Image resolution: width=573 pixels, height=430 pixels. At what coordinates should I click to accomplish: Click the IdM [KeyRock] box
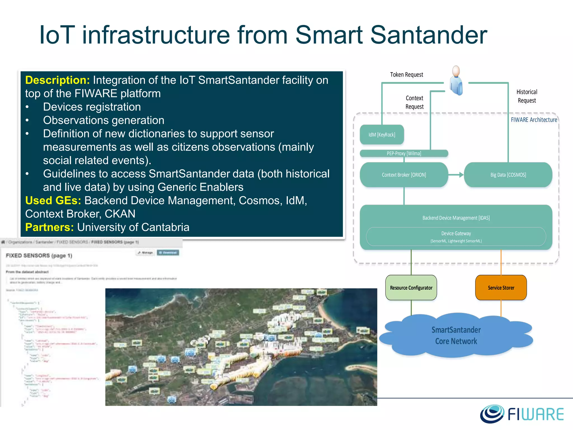(x=382, y=135)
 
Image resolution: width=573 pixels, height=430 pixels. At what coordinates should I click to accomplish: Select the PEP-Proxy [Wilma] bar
(x=404, y=153)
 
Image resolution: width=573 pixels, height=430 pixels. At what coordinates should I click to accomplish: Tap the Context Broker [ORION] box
(x=404, y=175)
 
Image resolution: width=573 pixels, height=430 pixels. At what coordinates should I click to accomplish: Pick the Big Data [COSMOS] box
(x=508, y=175)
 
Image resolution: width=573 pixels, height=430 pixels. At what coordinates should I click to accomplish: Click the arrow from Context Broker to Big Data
(x=456, y=175)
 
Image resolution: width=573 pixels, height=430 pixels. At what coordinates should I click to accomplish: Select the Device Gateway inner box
(x=456, y=237)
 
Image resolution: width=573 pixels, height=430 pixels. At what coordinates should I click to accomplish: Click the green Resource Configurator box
(x=411, y=288)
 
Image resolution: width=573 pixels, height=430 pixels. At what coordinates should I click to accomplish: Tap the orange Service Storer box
(x=501, y=288)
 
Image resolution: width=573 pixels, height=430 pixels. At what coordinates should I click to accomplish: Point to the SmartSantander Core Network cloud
(x=456, y=335)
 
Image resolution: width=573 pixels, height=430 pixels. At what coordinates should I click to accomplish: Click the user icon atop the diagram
(x=456, y=81)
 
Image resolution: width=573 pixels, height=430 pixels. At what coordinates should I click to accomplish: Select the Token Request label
(x=406, y=75)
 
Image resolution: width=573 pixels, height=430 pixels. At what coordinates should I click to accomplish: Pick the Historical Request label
(x=527, y=96)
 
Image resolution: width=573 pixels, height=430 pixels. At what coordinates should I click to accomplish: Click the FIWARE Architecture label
(x=534, y=120)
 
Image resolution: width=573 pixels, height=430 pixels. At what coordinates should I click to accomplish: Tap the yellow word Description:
(x=57, y=80)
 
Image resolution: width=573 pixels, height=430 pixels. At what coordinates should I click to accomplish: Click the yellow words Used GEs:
(x=53, y=200)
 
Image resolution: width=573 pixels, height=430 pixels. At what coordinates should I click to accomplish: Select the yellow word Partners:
(x=50, y=227)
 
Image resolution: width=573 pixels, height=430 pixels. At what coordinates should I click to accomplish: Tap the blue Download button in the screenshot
(x=168, y=253)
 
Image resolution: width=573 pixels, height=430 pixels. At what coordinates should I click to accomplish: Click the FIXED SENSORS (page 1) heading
(x=39, y=256)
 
